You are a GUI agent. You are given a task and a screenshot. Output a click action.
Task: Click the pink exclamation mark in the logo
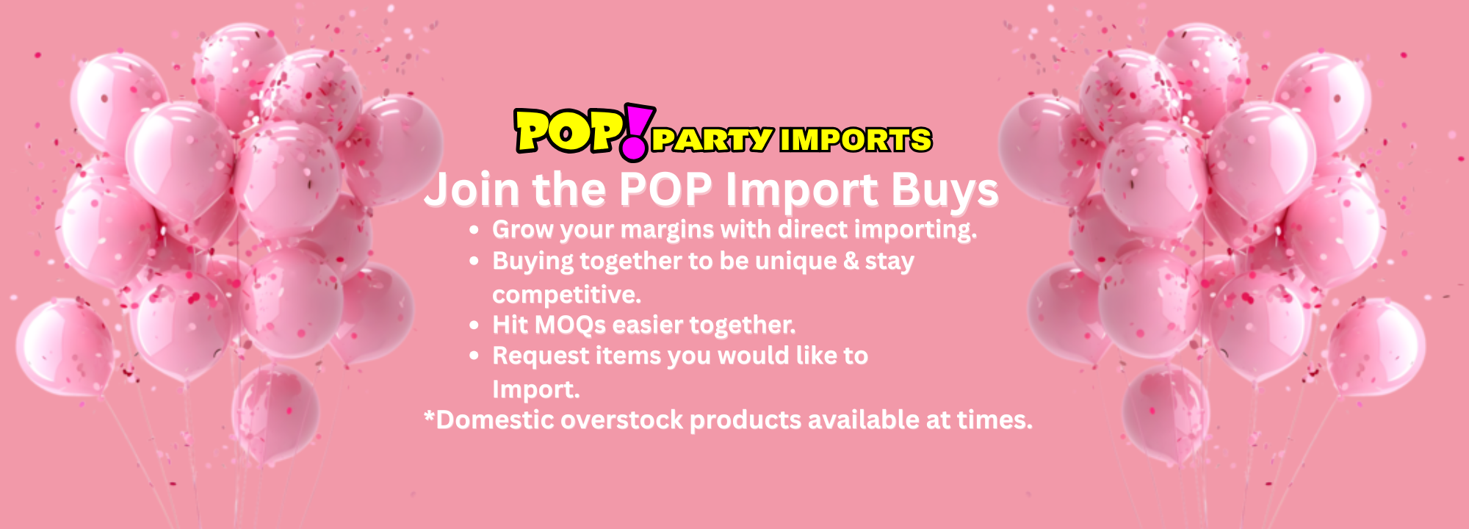[x=636, y=132]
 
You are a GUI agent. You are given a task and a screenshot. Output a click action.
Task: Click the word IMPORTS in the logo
[x=856, y=140]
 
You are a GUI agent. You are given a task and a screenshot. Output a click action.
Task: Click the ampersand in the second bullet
[x=851, y=261]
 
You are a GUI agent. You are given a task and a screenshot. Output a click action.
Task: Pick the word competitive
[x=566, y=295]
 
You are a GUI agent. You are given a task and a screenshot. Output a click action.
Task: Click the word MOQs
[x=570, y=325]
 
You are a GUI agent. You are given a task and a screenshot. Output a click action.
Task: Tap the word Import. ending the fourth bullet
[x=535, y=389]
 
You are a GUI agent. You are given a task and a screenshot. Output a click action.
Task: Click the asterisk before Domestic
[x=430, y=417]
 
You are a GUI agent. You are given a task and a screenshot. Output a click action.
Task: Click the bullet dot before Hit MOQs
[x=474, y=325]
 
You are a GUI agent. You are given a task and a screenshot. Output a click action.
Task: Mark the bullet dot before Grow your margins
[x=474, y=230]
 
